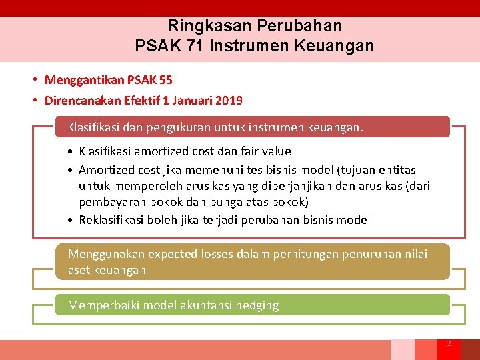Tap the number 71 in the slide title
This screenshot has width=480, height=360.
point(194,47)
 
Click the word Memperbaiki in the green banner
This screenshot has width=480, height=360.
point(104,305)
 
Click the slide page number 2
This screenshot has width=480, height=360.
point(449,343)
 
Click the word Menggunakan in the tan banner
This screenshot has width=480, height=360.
point(105,254)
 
